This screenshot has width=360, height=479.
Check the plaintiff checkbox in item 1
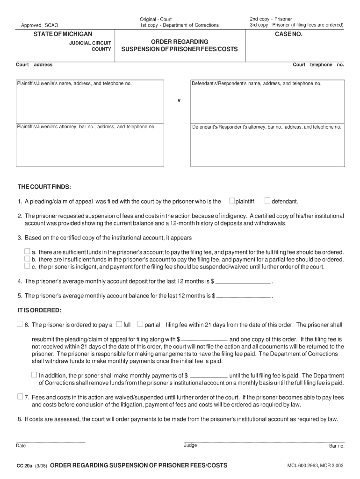(x=232, y=201)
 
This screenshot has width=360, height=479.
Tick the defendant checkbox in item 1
(x=267, y=201)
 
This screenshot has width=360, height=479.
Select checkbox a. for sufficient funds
(x=27, y=251)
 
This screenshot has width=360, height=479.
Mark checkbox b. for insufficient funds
(x=27, y=258)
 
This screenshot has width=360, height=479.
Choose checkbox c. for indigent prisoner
(x=27, y=266)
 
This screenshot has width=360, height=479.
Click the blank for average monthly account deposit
(x=243, y=282)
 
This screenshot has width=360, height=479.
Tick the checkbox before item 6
(x=20, y=324)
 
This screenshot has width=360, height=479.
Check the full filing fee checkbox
(x=119, y=324)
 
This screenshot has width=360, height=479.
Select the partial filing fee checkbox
(x=140, y=324)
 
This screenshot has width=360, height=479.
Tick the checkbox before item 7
(x=20, y=396)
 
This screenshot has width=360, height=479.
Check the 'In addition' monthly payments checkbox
(x=34, y=375)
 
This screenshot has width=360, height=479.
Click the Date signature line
(x=50, y=442)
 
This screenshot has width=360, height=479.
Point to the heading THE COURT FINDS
(x=44, y=187)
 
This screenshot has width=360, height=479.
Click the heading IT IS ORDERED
(x=39, y=310)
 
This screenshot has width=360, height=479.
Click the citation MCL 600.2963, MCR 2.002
(x=316, y=466)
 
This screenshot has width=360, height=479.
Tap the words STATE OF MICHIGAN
(x=63, y=34)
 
